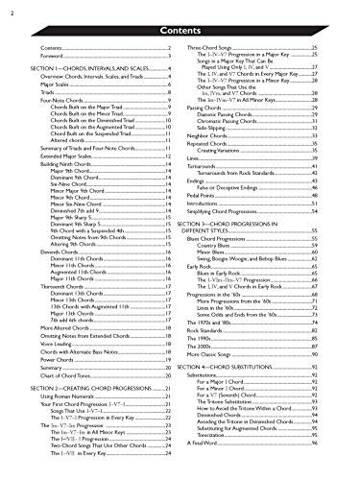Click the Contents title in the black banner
pos(180,29)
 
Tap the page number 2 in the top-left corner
pos(7,9)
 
